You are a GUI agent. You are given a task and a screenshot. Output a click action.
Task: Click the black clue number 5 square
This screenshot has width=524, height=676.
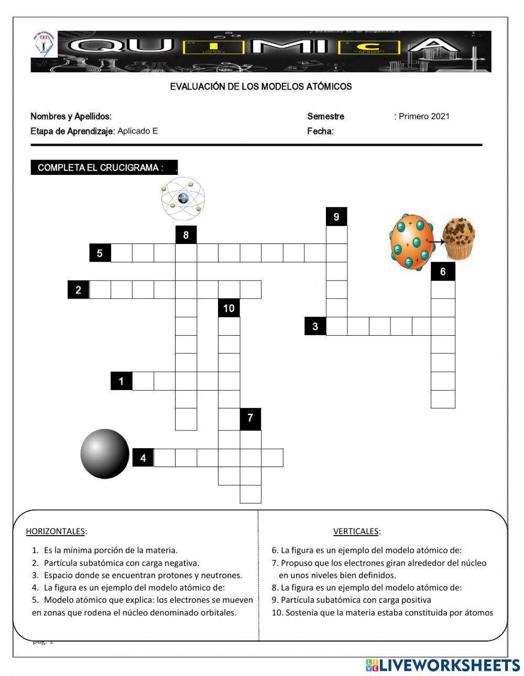click(x=100, y=253)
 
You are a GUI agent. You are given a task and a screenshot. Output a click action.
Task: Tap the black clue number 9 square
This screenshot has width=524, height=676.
click(x=336, y=217)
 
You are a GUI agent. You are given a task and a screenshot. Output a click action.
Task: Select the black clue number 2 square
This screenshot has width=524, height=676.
click(x=79, y=290)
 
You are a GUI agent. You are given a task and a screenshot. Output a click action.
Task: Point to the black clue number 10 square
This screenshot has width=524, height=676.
click(x=229, y=308)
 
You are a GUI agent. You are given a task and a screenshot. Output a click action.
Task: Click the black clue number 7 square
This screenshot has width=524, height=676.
click(x=250, y=418)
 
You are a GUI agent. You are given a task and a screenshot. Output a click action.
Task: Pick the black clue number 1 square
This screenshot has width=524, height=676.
click(x=121, y=381)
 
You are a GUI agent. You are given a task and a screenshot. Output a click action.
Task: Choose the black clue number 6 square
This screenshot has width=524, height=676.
click(x=443, y=272)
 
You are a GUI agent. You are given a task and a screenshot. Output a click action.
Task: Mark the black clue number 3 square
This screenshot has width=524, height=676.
click(x=315, y=326)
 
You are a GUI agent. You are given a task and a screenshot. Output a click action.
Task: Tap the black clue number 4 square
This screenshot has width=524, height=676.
click(x=143, y=458)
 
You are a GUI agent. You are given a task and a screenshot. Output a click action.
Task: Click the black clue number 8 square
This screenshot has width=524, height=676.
click(x=186, y=235)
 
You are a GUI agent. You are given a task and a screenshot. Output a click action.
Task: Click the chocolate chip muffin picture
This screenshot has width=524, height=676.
click(x=459, y=239)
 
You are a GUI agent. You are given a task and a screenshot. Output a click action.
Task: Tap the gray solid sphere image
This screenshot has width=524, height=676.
click(x=105, y=453)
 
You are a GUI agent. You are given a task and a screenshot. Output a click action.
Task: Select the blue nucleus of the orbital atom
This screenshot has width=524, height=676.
click(x=183, y=198)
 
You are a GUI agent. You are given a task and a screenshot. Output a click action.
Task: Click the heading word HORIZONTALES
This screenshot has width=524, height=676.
click(x=56, y=531)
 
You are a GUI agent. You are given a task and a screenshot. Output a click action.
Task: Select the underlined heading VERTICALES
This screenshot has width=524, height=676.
click(x=356, y=531)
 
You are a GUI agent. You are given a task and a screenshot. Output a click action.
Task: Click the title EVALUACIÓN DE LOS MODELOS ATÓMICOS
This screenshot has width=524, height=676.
click(x=261, y=86)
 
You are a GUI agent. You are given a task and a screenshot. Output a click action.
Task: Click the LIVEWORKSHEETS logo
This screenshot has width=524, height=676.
click(x=443, y=665)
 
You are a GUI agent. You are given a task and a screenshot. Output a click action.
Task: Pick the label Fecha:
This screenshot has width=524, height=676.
click(x=320, y=131)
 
